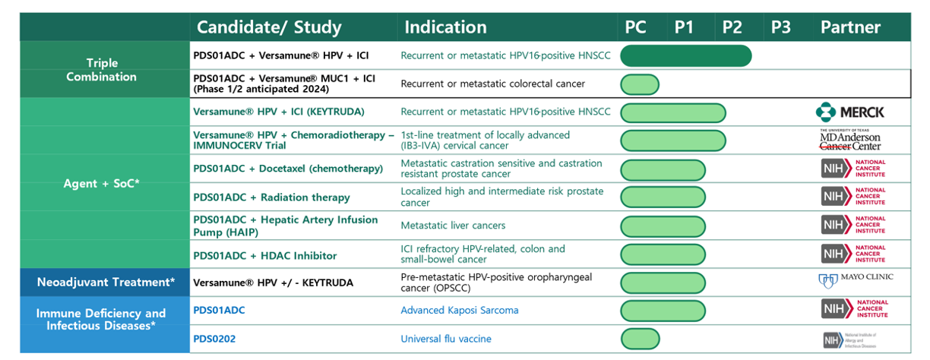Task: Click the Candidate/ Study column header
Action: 269,27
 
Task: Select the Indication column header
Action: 445,27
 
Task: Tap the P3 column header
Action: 780,27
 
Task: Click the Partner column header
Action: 850,27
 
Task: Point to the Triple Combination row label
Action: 101,70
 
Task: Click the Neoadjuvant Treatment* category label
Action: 106,283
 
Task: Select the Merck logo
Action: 850,112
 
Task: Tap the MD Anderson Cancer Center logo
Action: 850,140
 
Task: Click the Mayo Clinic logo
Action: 855,280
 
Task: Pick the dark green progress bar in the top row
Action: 686,55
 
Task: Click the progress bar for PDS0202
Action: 640,339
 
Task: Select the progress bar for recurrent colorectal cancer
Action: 640,84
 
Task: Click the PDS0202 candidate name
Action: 214,339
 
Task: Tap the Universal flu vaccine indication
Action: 446,339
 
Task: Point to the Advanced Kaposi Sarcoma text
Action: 460,310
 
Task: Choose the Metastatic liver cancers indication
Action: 453,226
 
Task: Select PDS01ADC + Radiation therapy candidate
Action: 271,197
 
